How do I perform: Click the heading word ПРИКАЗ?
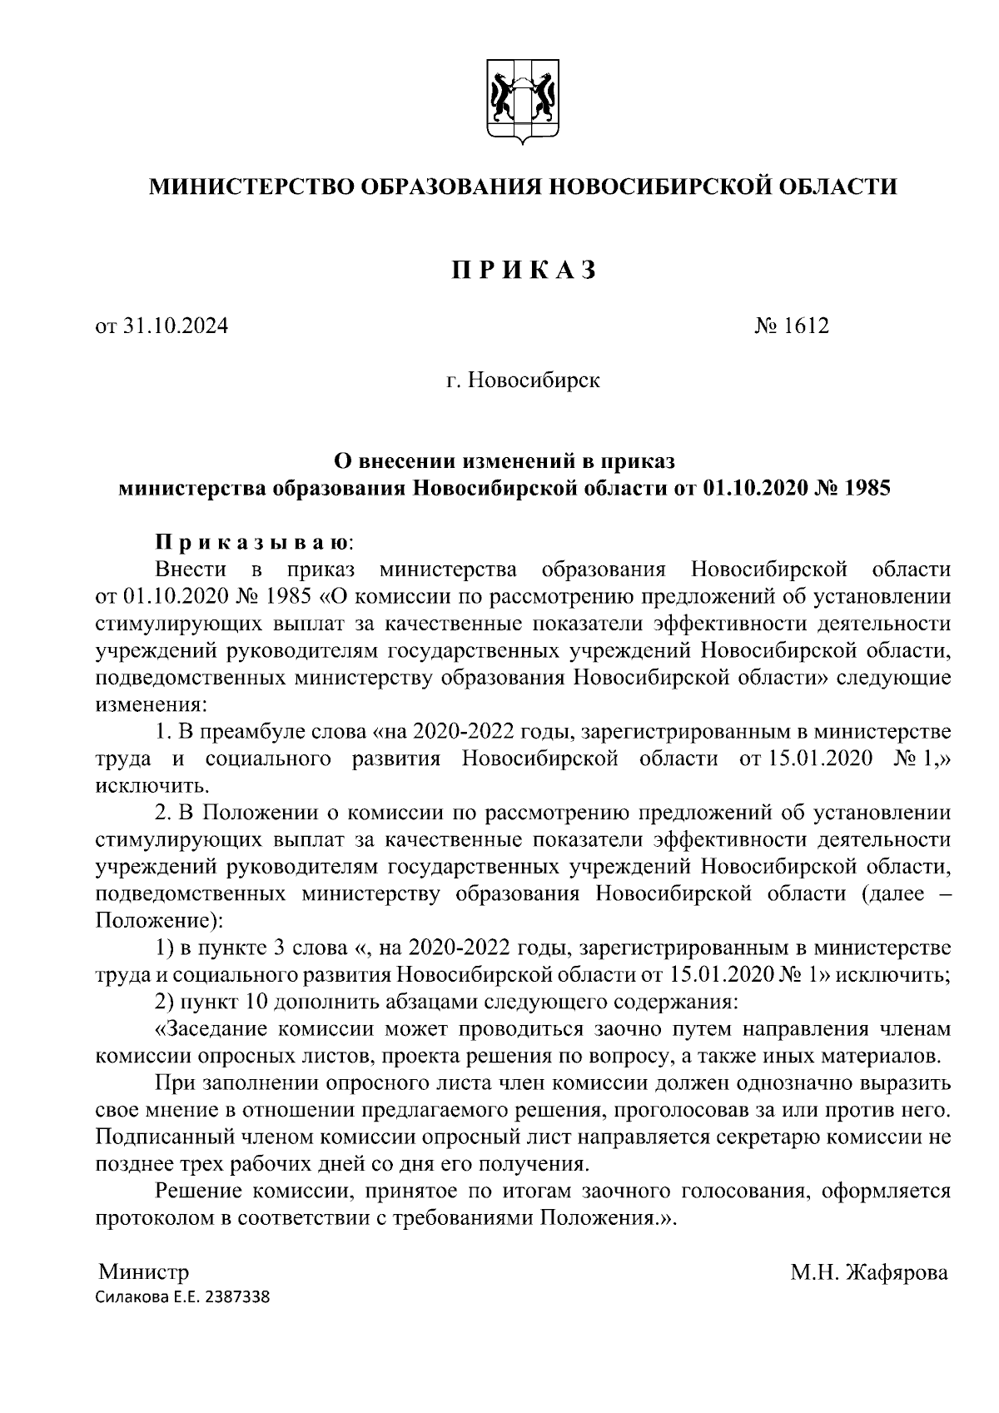point(523,271)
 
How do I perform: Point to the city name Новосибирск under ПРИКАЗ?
point(534,381)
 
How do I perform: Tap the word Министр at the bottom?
point(144,1272)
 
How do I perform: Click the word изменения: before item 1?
point(148,704)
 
